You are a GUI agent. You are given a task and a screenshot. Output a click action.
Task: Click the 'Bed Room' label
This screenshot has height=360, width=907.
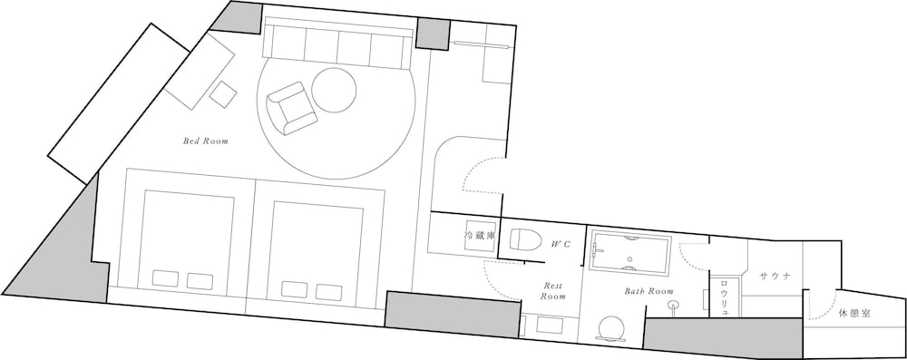coord(206,141)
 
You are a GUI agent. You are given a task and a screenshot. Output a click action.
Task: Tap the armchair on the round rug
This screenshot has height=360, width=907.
coord(291,108)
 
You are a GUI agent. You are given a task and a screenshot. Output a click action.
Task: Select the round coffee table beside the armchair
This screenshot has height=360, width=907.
coord(334,90)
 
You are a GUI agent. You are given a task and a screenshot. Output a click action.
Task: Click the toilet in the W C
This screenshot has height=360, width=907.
coord(525,239)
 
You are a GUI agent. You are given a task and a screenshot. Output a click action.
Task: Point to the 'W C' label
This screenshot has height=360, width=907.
coord(561,244)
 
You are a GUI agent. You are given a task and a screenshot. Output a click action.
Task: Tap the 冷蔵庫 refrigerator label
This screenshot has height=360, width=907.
coord(480,236)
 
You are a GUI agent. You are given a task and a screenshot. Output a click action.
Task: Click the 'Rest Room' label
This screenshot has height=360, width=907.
coord(553,290)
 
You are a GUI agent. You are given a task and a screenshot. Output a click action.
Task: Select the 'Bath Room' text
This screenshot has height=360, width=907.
coord(649,291)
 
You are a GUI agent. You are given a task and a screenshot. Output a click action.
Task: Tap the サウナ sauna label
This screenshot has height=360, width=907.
coord(775,276)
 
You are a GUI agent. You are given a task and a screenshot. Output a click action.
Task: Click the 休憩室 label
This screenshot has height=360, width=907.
coord(854,313)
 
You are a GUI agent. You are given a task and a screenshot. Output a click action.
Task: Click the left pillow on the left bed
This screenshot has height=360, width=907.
coord(165,278)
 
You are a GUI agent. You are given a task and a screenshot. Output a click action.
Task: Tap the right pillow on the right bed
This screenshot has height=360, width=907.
coord(328,292)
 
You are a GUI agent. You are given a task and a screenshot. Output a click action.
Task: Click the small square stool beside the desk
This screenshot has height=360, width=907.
coord(223,93)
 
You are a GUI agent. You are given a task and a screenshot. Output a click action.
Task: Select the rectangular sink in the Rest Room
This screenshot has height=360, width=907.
coord(550,324)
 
